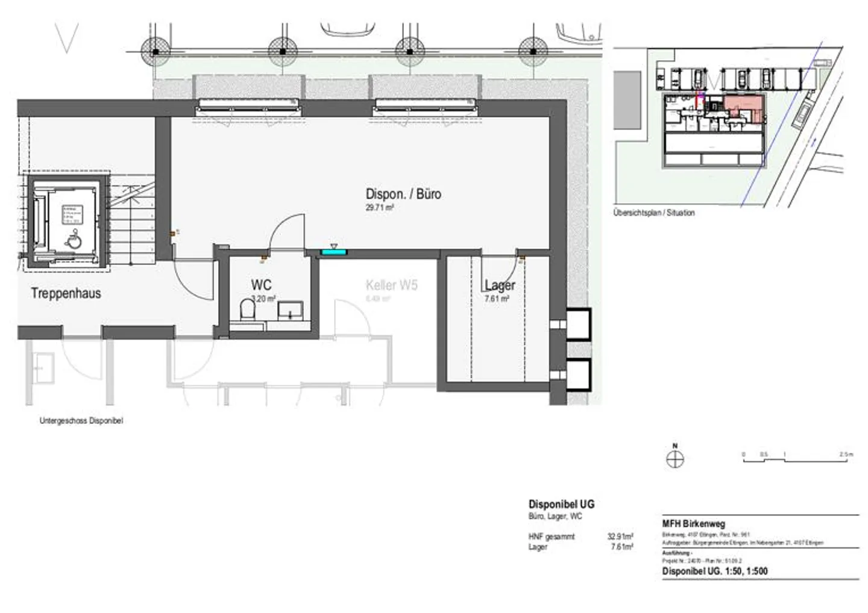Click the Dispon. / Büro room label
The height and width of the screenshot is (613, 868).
(x=403, y=194)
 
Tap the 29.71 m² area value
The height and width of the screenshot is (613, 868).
(x=379, y=208)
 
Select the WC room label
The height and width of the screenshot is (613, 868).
(x=261, y=285)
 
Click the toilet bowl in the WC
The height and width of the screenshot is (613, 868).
(x=248, y=311)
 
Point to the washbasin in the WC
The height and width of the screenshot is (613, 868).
(x=290, y=310)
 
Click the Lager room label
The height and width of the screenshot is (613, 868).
(x=500, y=285)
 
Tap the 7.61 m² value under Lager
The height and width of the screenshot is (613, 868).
(x=497, y=299)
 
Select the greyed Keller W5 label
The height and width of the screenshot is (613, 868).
(x=391, y=285)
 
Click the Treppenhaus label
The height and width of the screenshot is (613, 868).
(x=66, y=293)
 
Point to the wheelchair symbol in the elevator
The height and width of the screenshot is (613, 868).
(x=74, y=241)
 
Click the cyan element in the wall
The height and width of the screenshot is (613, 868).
(x=333, y=252)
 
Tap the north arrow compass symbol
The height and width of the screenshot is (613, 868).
(x=675, y=459)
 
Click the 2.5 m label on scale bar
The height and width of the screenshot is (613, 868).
(x=846, y=455)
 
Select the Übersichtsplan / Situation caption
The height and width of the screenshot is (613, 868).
(x=653, y=213)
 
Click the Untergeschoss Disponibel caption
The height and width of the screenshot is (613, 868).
(x=81, y=421)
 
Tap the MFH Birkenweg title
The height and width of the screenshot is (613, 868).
(x=693, y=524)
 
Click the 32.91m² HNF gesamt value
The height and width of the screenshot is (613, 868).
(x=620, y=537)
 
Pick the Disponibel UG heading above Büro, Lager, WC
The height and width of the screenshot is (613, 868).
(x=561, y=504)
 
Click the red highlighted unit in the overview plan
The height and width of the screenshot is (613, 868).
(x=744, y=108)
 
